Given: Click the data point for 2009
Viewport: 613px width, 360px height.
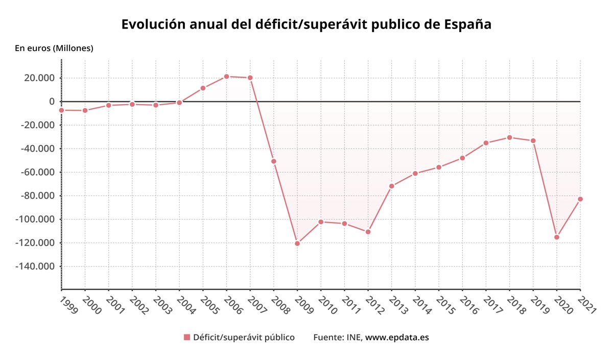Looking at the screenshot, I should click(297, 243).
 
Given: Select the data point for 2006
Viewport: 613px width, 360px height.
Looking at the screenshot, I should click(226, 77).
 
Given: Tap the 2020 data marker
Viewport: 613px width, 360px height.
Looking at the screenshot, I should click(557, 237).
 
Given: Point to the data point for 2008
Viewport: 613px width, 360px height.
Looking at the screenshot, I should click(274, 161).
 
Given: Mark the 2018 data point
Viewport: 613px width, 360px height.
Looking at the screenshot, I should click(509, 137).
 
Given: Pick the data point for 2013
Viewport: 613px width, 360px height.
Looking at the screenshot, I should click(392, 186).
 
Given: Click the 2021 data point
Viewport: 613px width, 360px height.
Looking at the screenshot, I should click(580, 199).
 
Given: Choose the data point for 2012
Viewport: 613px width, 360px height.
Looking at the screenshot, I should click(368, 232).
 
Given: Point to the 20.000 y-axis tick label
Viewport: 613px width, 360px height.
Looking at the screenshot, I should click(39, 78).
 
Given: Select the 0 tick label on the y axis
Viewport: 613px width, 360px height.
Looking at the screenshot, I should click(52, 102).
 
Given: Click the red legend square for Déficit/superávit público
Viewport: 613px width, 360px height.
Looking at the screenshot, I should click(187, 338).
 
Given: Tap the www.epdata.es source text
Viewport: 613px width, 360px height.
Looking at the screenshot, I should click(397, 338).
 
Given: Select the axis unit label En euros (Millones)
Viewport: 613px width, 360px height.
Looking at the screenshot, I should click(54, 49).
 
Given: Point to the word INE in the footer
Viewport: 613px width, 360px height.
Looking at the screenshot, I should click(354, 338).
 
